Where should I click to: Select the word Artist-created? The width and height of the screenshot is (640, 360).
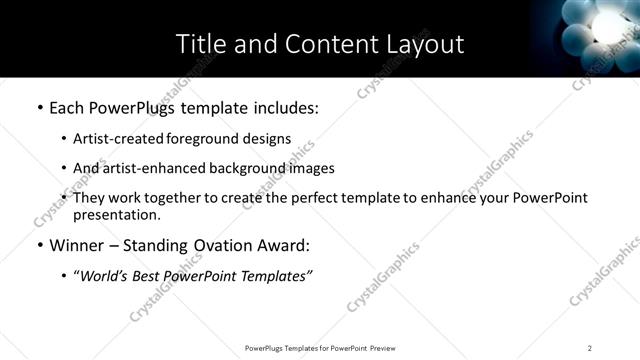[x=115, y=139]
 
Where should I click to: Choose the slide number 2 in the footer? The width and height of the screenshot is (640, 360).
[x=590, y=347]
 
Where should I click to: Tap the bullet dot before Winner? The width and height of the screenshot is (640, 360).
[x=39, y=245]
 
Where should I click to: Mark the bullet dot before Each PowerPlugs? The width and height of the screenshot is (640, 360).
[x=39, y=106]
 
